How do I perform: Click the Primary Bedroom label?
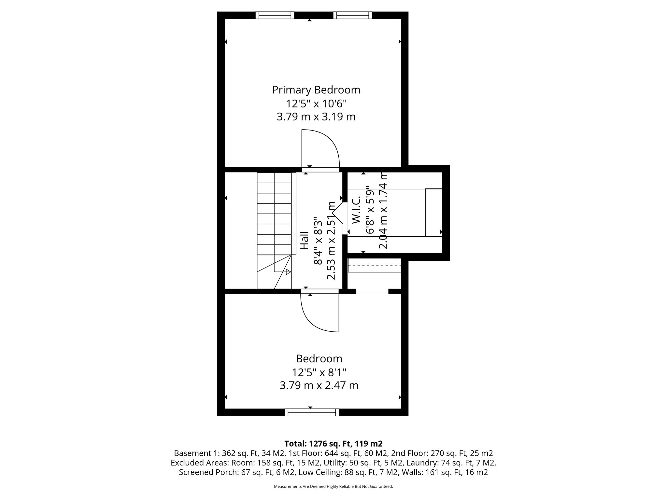tap(316, 90)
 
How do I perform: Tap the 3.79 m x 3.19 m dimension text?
tap(316, 117)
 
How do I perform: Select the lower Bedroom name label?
tap(319, 359)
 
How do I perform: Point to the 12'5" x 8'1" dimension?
tap(319, 372)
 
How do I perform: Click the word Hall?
tap(304, 240)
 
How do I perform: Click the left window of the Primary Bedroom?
tap(275, 15)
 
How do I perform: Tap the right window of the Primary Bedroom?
tap(352, 15)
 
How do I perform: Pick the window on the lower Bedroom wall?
tap(312, 412)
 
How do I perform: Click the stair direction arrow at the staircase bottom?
tap(288, 271)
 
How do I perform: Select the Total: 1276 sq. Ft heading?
tap(333, 444)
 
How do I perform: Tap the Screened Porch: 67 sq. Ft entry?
tap(237, 472)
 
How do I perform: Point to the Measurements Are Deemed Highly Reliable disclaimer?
tap(333, 487)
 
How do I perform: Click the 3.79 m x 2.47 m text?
tap(319, 386)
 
